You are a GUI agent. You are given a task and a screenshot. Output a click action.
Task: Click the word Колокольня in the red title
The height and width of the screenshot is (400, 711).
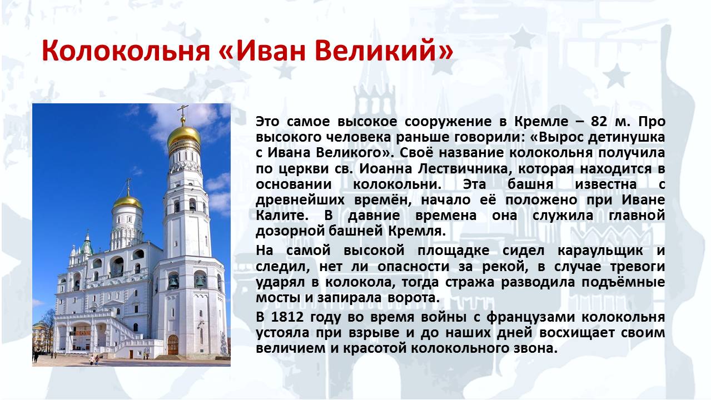[126, 51]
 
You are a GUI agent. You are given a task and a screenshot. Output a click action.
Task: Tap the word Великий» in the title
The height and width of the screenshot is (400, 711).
[385, 50]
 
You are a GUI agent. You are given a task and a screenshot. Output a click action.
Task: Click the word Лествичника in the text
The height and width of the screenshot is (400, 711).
[463, 169]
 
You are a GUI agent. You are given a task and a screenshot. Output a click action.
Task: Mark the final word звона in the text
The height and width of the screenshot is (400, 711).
[534, 349]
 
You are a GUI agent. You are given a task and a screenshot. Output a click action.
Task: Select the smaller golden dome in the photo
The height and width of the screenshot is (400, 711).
[127, 201]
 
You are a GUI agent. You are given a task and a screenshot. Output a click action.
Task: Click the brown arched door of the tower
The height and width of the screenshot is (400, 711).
[173, 345]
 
